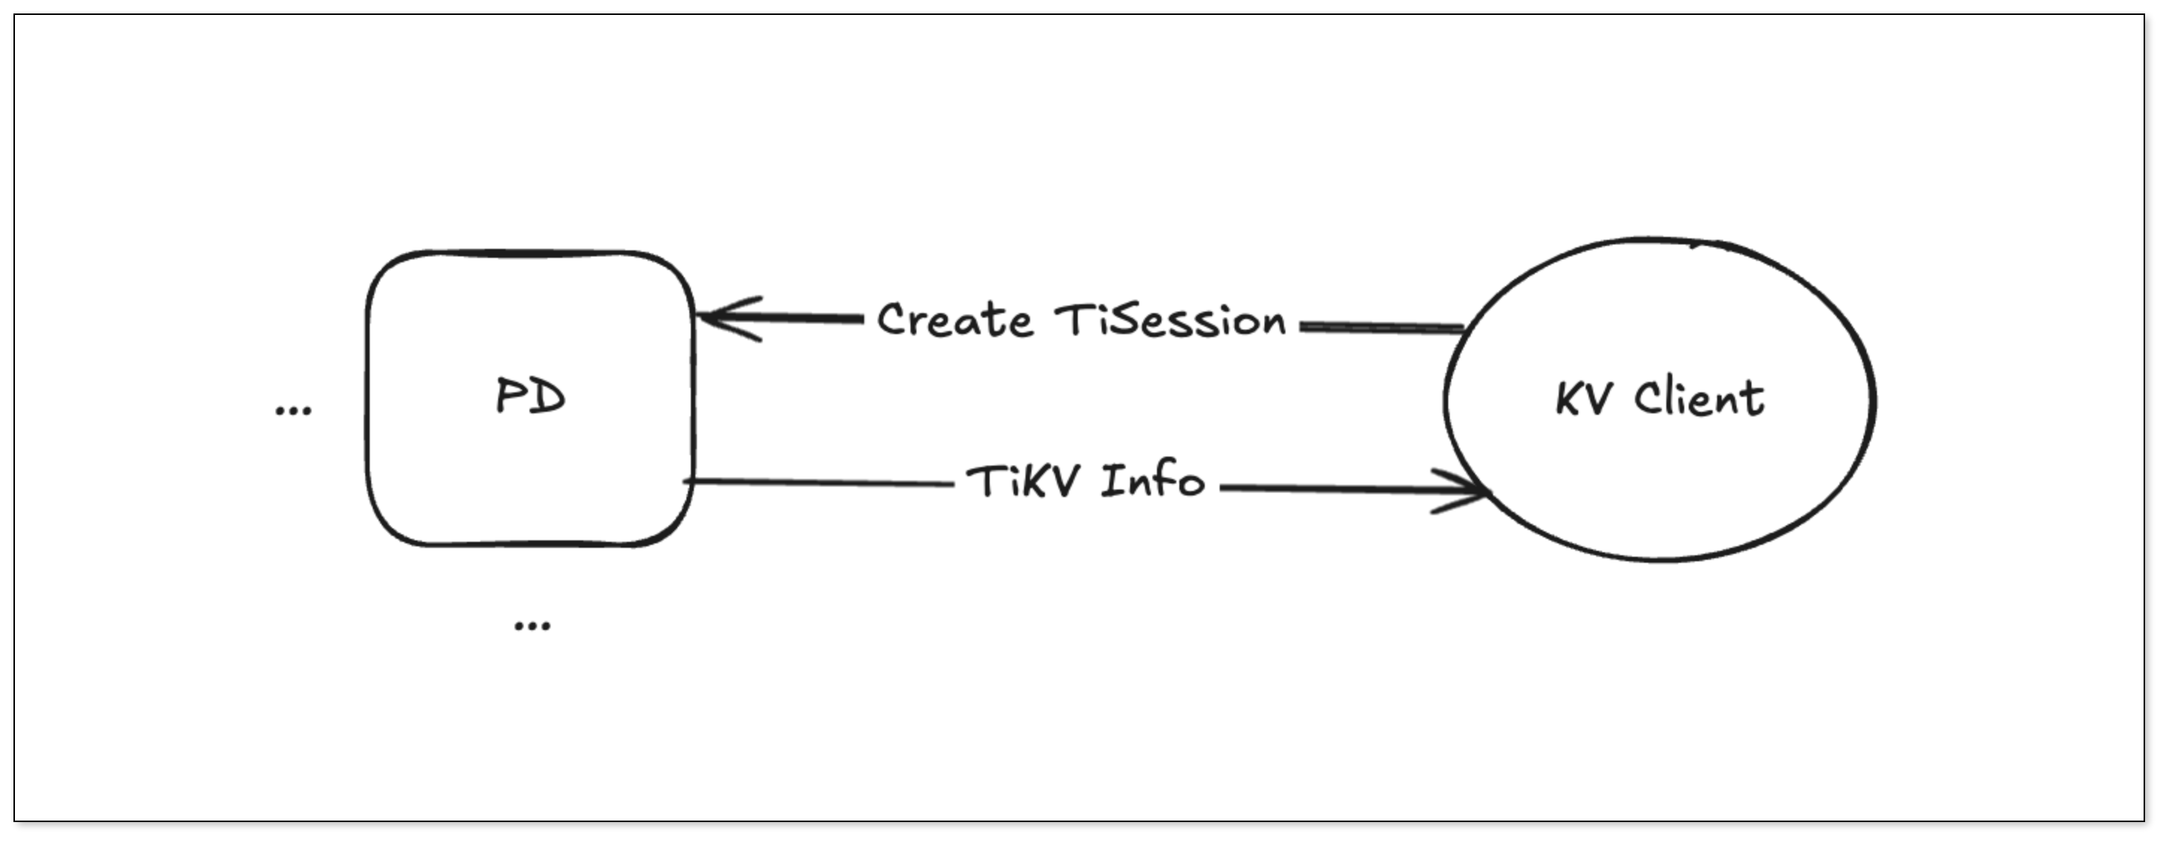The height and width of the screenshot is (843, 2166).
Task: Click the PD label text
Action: (530, 397)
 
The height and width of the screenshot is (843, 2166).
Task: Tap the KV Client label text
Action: (1660, 399)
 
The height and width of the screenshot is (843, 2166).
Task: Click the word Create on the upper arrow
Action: (955, 321)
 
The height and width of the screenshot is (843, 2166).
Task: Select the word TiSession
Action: (1170, 321)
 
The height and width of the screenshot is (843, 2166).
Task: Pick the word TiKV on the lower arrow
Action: (1023, 482)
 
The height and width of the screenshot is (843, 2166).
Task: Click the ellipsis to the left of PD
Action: (294, 410)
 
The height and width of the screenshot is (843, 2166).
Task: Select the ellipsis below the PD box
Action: (531, 625)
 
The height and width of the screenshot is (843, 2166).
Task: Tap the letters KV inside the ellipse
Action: (1583, 400)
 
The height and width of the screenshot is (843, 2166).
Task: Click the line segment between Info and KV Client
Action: (1329, 487)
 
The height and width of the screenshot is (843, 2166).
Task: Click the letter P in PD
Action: (510, 397)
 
